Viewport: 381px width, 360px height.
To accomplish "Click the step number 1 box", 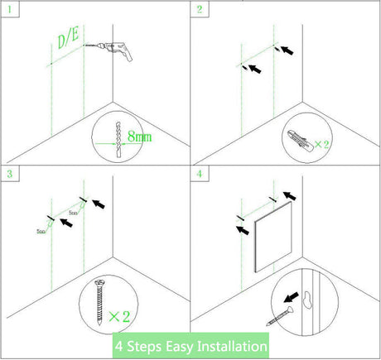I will [x=9, y=9].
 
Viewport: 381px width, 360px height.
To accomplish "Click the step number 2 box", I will [x=200, y=9].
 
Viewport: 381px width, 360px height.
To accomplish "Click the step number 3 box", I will [x=9, y=174].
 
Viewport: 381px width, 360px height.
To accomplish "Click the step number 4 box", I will [x=200, y=174].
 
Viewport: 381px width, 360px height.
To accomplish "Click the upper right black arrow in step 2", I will [x=287, y=50].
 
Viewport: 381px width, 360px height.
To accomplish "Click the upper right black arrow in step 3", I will [x=96, y=201].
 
